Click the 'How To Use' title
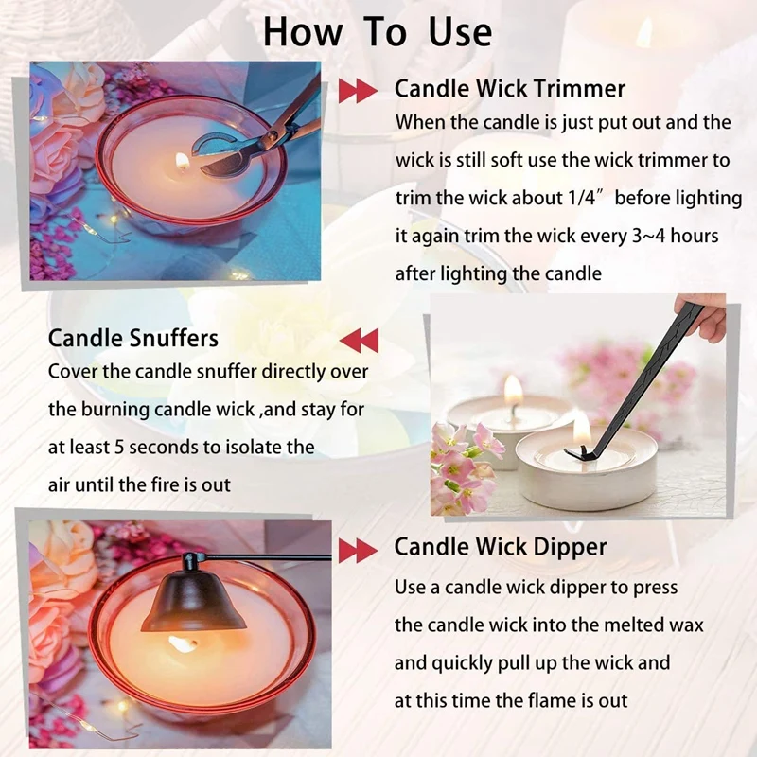(378, 31)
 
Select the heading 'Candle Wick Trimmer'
(509, 89)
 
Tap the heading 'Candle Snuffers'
(133, 338)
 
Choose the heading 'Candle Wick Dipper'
(501, 547)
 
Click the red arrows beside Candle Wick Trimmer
(358, 91)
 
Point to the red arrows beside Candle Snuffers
(359, 340)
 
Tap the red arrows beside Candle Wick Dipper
(358, 549)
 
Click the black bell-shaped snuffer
(192, 596)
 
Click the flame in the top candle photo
(183, 160)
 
